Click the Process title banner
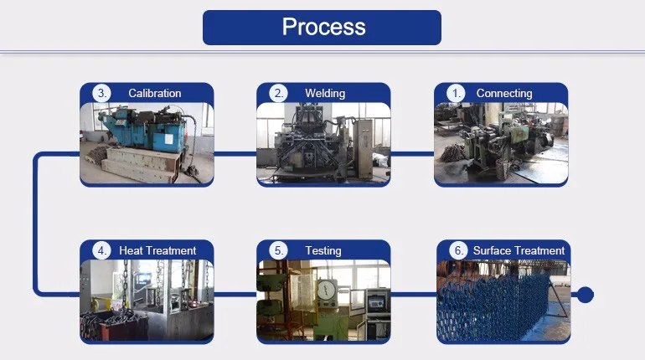(322, 27)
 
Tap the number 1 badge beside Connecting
(457, 93)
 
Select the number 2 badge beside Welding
(279, 93)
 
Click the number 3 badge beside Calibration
(102, 93)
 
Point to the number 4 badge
(102, 250)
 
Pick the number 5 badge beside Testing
(279, 250)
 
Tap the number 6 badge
(457, 250)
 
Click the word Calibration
(154, 93)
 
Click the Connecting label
(503, 93)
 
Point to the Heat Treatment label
(157, 250)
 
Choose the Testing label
(322, 250)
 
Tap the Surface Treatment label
(519, 250)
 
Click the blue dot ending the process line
(586, 294)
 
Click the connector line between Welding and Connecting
(412, 153)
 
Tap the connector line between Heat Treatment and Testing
(235, 294)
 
